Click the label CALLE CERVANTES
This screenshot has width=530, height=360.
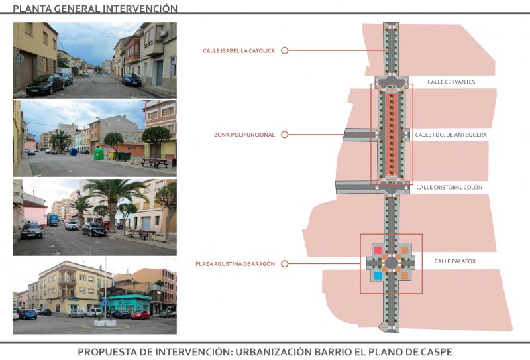[x=451, y=82]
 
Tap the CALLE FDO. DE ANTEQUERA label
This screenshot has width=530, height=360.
[x=450, y=135]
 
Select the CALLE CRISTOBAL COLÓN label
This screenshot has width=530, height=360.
[x=449, y=188]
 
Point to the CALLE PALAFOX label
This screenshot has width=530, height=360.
[x=454, y=261]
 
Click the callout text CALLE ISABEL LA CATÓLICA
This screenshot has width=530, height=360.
[x=239, y=50]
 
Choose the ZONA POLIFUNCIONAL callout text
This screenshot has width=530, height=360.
[x=244, y=135]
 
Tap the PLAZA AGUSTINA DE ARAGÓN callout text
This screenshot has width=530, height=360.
[x=235, y=264]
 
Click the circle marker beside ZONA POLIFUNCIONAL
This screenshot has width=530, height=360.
[x=284, y=135]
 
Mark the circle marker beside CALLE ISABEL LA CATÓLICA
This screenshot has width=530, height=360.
[x=284, y=50]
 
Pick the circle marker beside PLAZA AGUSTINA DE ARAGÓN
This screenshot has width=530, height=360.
[x=284, y=264]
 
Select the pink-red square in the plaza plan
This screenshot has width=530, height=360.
[x=378, y=250]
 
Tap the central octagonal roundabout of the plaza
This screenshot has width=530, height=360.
[x=392, y=263]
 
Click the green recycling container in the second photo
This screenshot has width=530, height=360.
[x=98, y=153]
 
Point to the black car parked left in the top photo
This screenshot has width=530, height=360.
[x=44, y=84]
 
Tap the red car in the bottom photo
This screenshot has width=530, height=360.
[x=140, y=314]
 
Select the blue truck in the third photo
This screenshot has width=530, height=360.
[x=52, y=219]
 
